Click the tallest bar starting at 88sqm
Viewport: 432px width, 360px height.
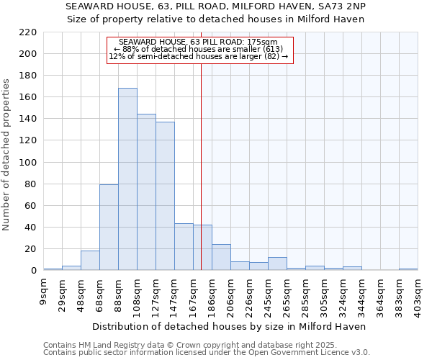click(x=127, y=179)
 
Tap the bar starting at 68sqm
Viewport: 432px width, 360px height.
click(x=109, y=228)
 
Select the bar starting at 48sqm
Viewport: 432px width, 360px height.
click(x=90, y=261)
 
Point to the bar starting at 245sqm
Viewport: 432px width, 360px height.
click(x=277, y=264)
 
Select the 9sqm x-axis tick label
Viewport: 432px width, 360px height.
click(x=43, y=294)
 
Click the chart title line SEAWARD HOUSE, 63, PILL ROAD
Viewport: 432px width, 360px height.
click(x=215, y=6)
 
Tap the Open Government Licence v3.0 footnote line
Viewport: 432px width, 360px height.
click(x=207, y=353)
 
